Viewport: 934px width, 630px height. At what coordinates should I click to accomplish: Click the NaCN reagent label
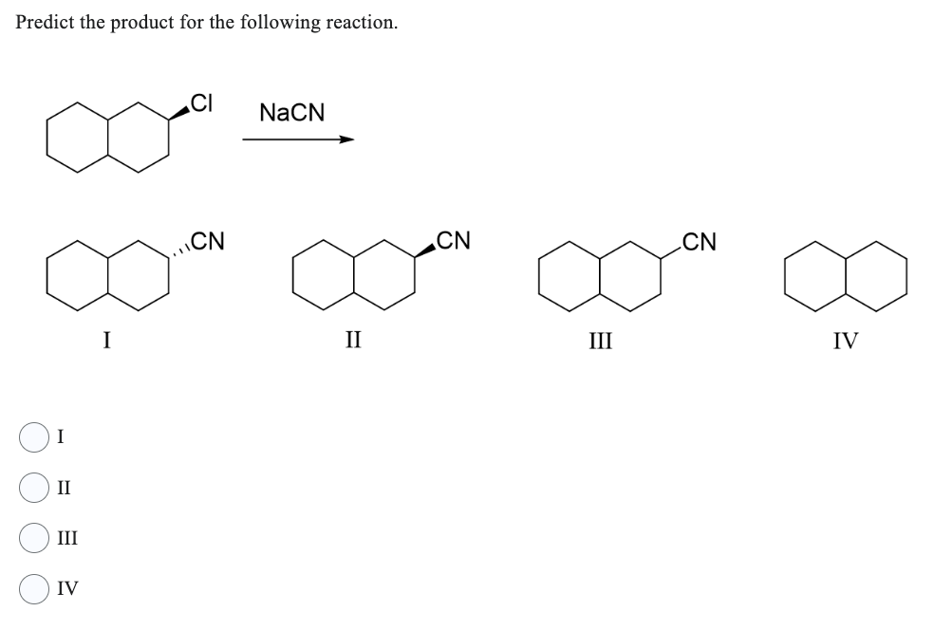click(291, 113)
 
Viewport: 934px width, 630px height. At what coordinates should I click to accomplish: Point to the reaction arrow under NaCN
click(297, 140)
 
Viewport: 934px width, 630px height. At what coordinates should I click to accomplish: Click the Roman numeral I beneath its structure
click(106, 340)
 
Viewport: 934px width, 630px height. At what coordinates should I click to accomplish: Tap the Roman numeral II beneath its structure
click(351, 340)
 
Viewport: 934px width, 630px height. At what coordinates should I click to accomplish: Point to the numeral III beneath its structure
click(599, 340)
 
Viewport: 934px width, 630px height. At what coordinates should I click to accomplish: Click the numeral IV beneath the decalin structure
click(845, 340)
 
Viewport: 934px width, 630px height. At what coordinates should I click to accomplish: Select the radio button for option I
click(33, 437)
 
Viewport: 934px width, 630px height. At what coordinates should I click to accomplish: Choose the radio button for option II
click(33, 488)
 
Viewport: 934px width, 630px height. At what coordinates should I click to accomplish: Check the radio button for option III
click(33, 538)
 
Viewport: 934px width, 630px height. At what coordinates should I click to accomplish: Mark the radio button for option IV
click(33, 589)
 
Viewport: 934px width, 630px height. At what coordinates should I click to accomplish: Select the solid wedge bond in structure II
click(423, 251)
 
